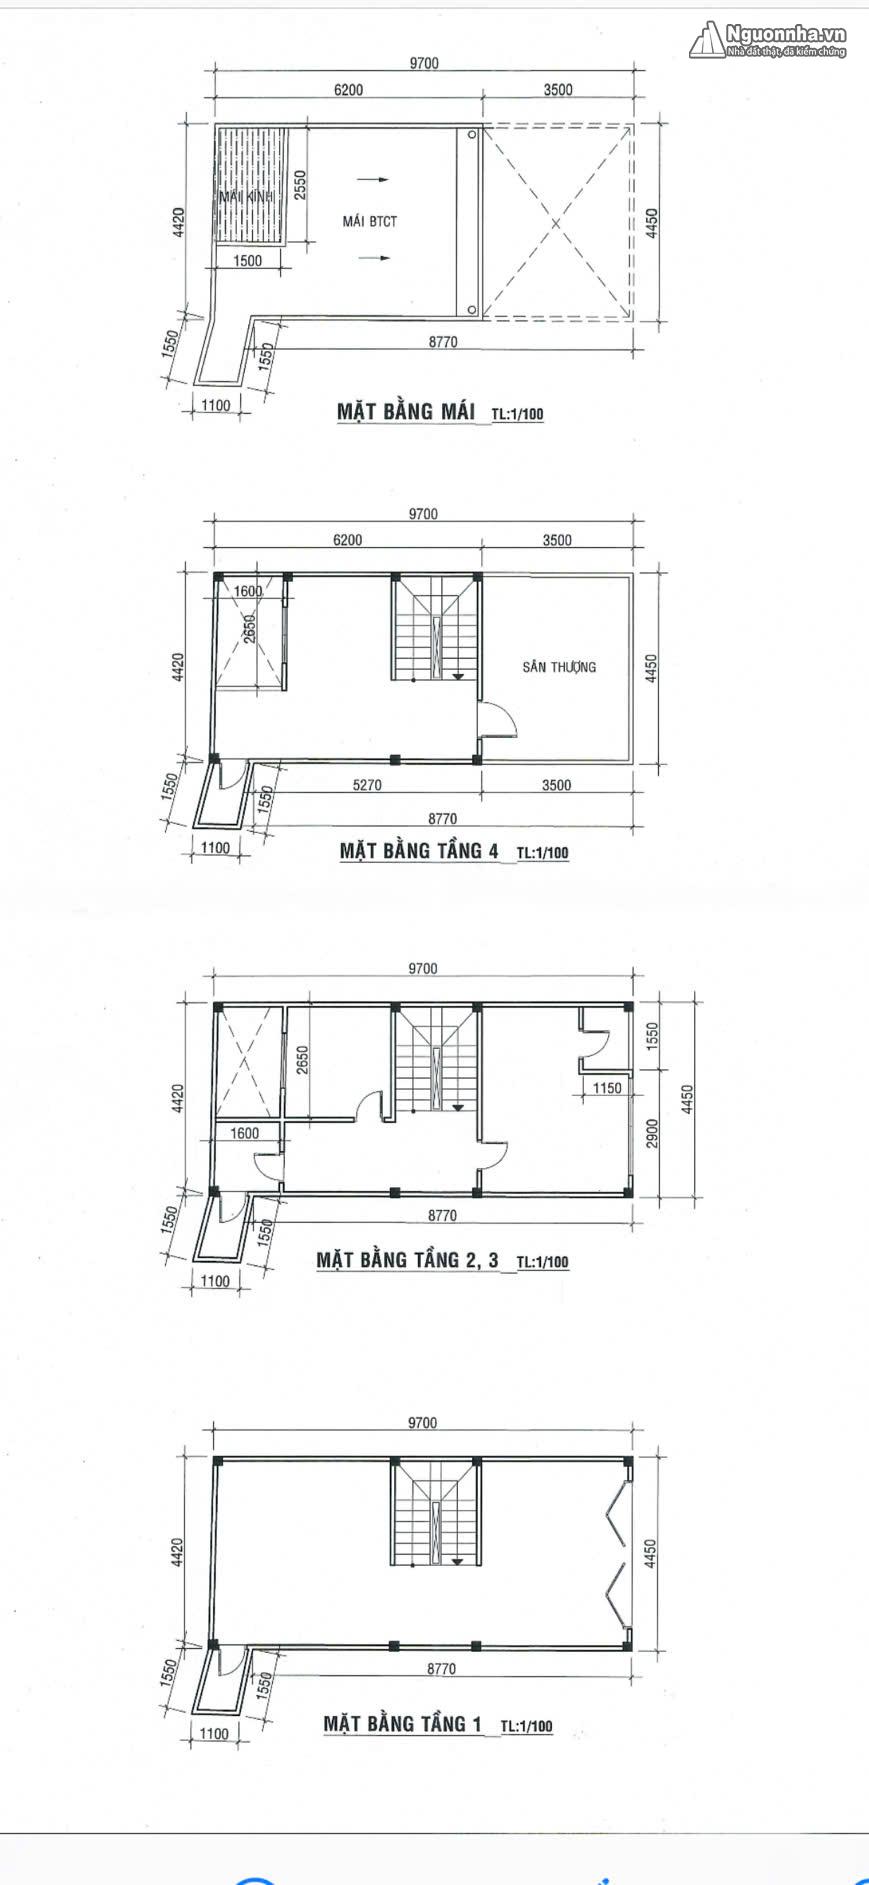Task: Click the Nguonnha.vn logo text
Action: coord(786,34)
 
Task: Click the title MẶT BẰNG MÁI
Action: coord(406,411)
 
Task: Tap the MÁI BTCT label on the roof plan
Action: coord(370,221)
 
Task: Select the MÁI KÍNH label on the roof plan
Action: coord(246,197)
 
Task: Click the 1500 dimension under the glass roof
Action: coord(247,261)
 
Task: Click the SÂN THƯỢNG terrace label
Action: coord(559,667)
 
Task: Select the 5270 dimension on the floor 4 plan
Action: coord(367,785)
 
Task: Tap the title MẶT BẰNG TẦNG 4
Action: coord(419,851)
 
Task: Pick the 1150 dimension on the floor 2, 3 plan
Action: coord(607,1088)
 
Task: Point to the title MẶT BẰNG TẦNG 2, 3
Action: coord(407,1260)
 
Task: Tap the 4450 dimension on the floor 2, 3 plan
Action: coord(687,1099)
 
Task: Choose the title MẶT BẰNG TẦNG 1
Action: coord(402,1723)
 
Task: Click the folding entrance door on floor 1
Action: coord(618,1554)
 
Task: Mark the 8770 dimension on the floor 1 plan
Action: coord(441,1668)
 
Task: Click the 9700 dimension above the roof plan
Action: coord(424,63)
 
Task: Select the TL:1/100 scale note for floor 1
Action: coord(526,1726)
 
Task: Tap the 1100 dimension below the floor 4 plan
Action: coord(215,848)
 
